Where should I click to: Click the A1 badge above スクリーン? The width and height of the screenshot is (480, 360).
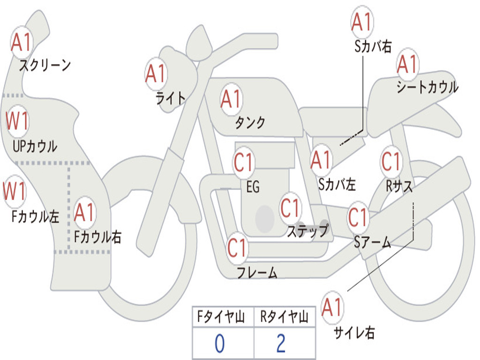tap(22, 42)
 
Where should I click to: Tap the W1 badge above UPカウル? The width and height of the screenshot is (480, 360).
tap(17, 121)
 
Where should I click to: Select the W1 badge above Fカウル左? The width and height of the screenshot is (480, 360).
tap(15, 191)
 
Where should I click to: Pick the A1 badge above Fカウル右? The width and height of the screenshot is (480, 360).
tap(84, 212)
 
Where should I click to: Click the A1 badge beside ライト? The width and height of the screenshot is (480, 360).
tap(156, 74)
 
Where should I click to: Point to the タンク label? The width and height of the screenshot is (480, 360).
tap(250, 122)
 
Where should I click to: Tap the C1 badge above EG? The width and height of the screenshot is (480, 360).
tap(243, 162)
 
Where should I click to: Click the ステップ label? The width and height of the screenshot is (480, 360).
tap(307, 231)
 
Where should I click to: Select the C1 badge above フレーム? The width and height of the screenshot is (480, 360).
tap(237, 247)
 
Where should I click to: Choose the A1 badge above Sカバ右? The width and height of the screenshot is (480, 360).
tap(362, 22)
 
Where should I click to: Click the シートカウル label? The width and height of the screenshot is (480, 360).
tap(427, 87)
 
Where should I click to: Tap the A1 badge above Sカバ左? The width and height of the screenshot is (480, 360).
tap(321, 160)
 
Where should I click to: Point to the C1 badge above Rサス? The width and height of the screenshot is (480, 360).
tap(391, 161)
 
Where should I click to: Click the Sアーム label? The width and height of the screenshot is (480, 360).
tap(373, 242)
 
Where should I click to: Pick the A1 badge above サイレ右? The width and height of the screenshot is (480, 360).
tap(332, 307)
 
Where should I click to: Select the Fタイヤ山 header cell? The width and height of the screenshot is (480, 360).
tap(223, 317)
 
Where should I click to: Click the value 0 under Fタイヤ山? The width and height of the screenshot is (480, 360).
tap(219, 344)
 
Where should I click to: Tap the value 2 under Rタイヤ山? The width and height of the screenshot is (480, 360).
tap(281, 344)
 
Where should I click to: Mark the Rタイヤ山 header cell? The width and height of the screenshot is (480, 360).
tap(285, 317)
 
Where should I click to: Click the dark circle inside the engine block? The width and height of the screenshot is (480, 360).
tap(265, 219)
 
